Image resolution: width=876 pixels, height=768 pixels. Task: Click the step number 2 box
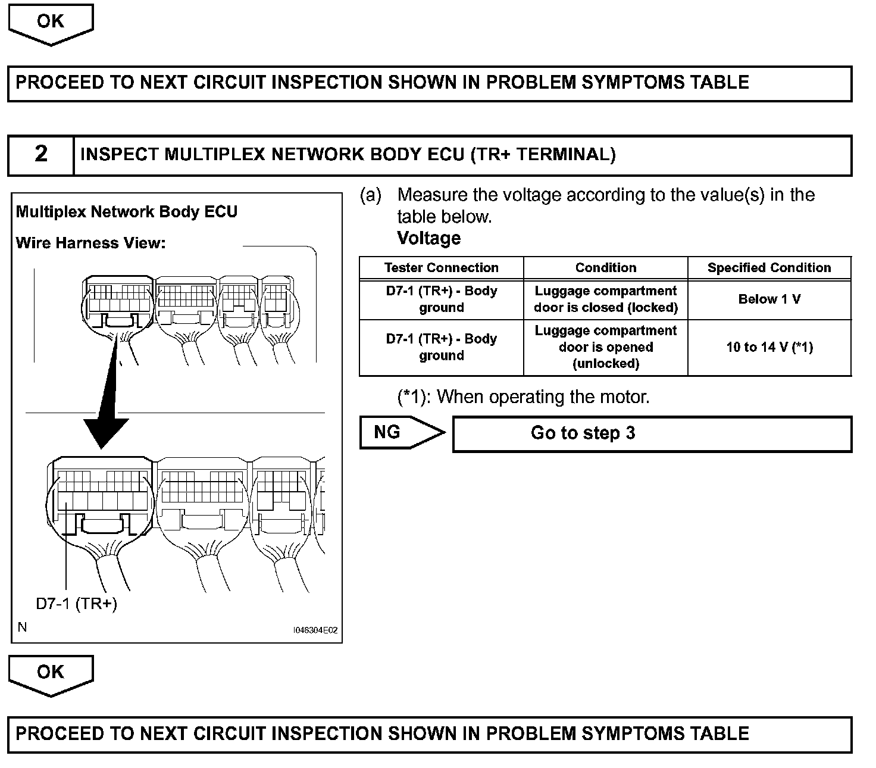pyautogui.click(x=40, y=155)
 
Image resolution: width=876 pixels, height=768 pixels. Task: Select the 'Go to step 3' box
pyautogui.click(x=652, y=433)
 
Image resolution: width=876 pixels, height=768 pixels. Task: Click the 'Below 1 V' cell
pyautogui.click(x=769, y=299)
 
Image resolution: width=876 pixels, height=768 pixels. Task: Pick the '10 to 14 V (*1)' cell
pyautogui.click(x=769, y=347)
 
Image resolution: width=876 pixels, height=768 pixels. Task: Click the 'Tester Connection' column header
pyautogui.click(x=441, y=268)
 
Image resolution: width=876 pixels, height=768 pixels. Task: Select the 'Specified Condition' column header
pyautogui.click(x=769, y=268)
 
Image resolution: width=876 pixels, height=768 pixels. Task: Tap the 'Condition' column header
pyautogui.click(x=605, y=268)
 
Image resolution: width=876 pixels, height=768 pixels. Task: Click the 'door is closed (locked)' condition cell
pyautogui.click(x=605, y=299)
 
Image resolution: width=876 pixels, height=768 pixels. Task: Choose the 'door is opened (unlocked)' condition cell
pyautogui.click(x=605, y=347)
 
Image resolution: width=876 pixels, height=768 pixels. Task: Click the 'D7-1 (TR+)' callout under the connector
pyautogui.click(x=76, y=604)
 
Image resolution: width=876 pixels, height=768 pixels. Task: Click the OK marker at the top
pyautogui.click(x=50, y=22)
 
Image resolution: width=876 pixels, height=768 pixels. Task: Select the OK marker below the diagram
pyautogui.click(x=50, y=673)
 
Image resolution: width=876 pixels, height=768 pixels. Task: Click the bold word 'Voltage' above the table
pyautogui.click(x=428, y=239)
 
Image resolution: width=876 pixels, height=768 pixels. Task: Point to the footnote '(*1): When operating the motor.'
pyautogui.click(x=523, y=397)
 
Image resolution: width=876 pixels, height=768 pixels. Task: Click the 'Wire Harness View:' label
pyautogui.click(x=90, y=243)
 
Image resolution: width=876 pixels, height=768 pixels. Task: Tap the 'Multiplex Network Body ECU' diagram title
pyautogui.click(x=126, y=212)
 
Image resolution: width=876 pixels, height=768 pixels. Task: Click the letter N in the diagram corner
pyautogui.click(x=23, y=627)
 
